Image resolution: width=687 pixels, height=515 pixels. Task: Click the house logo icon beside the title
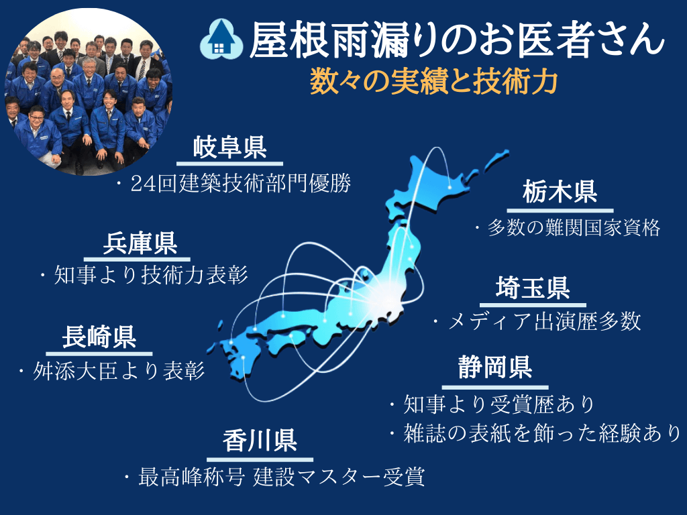pyautogui.click(x=221, y=40)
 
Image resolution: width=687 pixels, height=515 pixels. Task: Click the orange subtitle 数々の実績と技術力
pyautogui.click(x=434, y=82)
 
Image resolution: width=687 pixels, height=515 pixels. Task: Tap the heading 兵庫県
pyautogui.click(x=140, y=243)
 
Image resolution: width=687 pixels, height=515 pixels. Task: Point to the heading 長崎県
pyautogui.click(x=99, y=337)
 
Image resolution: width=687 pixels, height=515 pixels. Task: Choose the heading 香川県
pyautogui.click(x=260, y=441)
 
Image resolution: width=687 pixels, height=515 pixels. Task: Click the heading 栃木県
pyautogui.click(x=560, y=191)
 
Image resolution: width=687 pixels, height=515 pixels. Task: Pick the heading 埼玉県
pyautogui.click(x=533, y=288)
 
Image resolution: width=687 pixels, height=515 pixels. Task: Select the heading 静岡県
pyautogui.click(x=495, y=367)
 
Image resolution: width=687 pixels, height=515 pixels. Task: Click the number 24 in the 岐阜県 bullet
pyautogui.click(x=144, y=184)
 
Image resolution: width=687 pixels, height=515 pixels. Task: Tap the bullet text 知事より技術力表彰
pyautogui.click(x=151, y=275)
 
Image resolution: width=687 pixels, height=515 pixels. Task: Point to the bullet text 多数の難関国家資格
pyautogui.click(x=574, y=228)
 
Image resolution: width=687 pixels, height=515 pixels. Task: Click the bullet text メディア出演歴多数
pyautogui.click(x=545, y=321)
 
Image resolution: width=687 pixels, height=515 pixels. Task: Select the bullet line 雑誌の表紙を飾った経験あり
pyautogui.click(x=542, y=433)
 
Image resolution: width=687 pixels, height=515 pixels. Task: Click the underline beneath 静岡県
pyautogui.click(x=495, y=387)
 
